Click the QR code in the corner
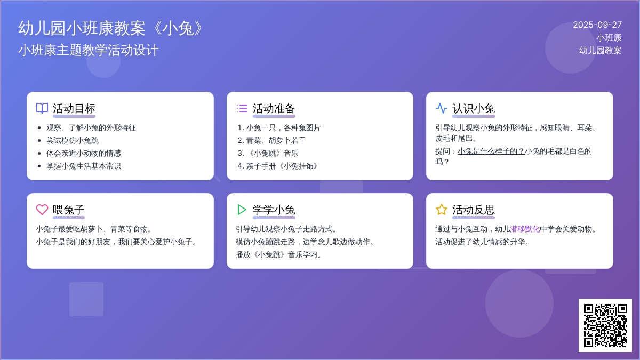(605, 325)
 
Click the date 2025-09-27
(597, 25)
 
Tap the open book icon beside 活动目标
(42, 108)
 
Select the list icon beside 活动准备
(242, 108)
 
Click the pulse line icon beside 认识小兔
(442, 108)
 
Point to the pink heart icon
(42, 210)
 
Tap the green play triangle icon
(242, 210)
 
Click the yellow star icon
(442, 210)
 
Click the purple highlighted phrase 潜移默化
(525, 229)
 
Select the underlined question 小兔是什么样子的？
(491, 151)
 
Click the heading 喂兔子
(69, 210)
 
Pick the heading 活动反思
(474, 210)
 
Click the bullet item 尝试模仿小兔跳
(73, 140)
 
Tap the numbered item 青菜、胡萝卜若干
(276, 140)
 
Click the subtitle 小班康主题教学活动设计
(89, 50)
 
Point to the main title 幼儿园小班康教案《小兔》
(111, 28)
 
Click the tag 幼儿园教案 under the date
(600, 50)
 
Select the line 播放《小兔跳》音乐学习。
(279, 254)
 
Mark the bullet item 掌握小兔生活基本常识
(83, 166)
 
